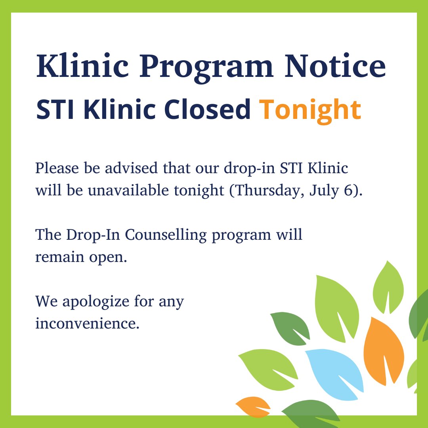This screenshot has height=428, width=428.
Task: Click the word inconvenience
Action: pyautogui.click(x=87, y=323)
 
